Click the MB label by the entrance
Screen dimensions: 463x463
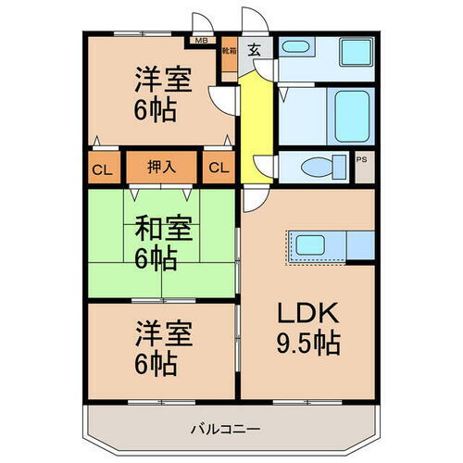(201, 41)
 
